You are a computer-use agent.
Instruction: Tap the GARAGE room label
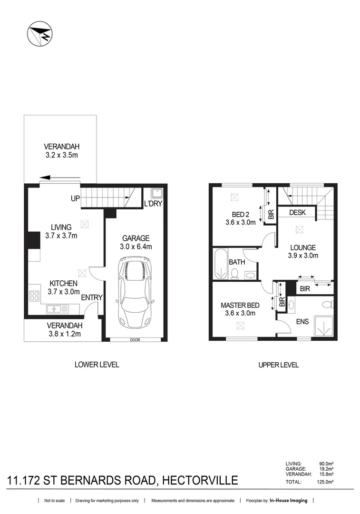click(x=136, y=238)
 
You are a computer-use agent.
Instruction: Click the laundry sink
click(x=156, y=193)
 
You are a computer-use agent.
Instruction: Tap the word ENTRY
click(x=92, y=298)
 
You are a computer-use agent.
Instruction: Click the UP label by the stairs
click(x=75, y=198)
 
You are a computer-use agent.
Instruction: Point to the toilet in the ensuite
click(x=326, y=304)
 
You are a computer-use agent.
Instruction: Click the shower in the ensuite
click(x=323, y=326)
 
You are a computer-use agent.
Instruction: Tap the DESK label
click(x=297, y=213)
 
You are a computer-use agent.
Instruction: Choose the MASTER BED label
click(x=240, y=305)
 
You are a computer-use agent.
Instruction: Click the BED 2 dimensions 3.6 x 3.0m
click(x=240, y=222)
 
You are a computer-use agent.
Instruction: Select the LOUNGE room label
click(x=303, y=247)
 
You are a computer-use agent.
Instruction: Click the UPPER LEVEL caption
click(x=278, y=365)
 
